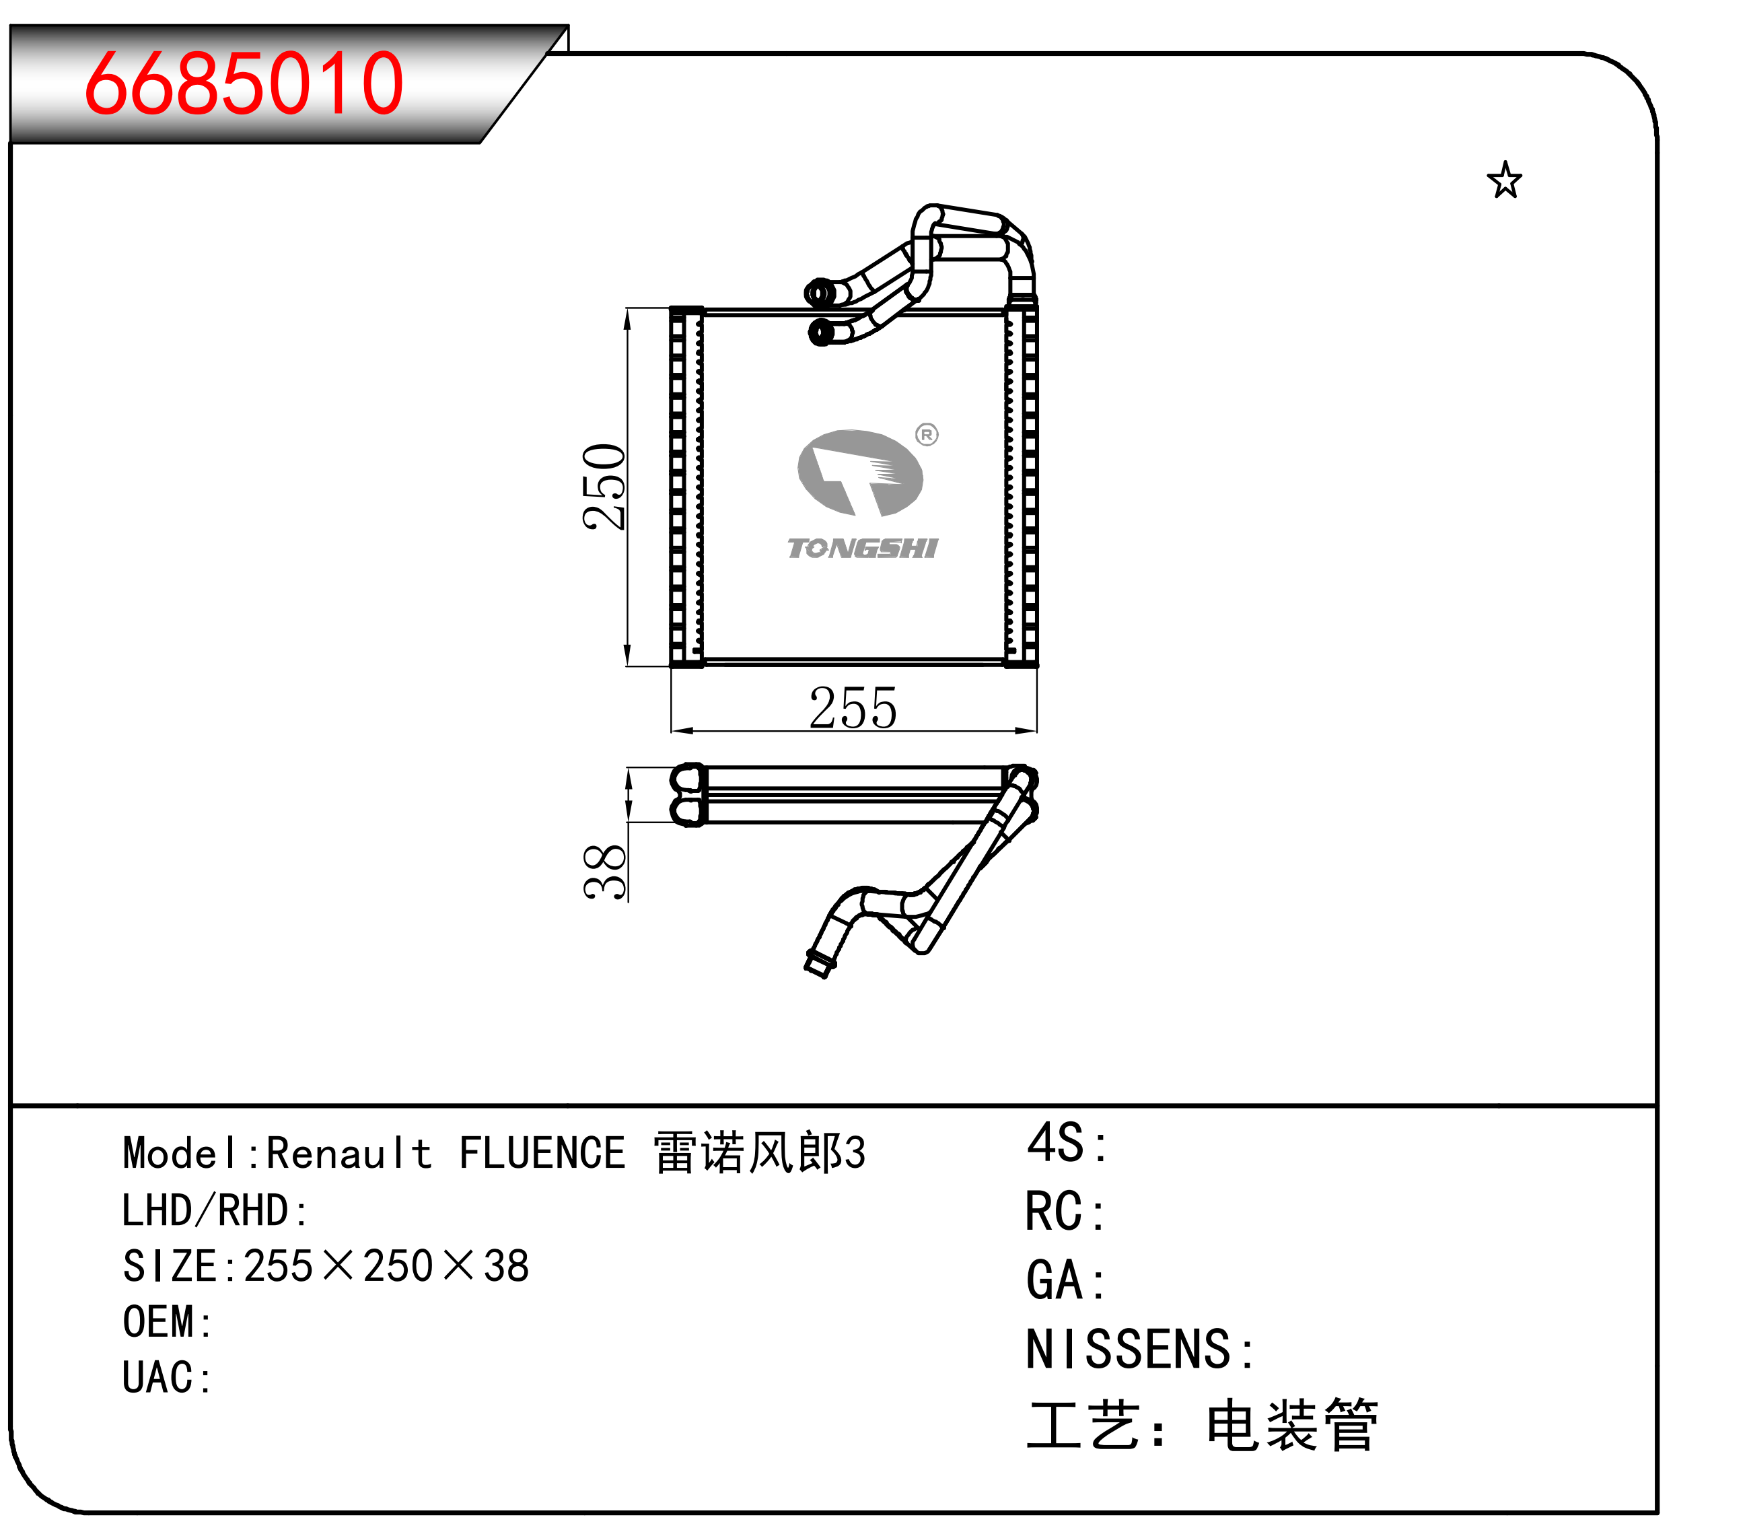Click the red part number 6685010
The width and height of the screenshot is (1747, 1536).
(244, 83)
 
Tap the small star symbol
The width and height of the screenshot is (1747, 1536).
(1504, 180)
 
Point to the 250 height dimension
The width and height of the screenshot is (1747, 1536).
(604, 487)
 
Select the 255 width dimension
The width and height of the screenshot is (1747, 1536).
(853, 707)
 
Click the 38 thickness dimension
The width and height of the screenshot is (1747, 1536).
(605, 871)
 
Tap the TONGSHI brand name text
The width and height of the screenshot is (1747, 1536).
(862, 548)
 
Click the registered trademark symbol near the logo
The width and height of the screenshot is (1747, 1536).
(927, 434)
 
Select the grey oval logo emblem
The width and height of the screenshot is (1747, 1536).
(860, 473)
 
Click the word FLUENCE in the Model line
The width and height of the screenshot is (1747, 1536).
(542, 1153)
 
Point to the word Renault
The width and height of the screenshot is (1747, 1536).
(349, 1153)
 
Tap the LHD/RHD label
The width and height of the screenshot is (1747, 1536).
(215, 1210)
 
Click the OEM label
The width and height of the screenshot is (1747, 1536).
(168, 1321)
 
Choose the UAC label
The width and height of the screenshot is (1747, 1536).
(168, 1377)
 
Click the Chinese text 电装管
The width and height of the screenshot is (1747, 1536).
(1291, 1425)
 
